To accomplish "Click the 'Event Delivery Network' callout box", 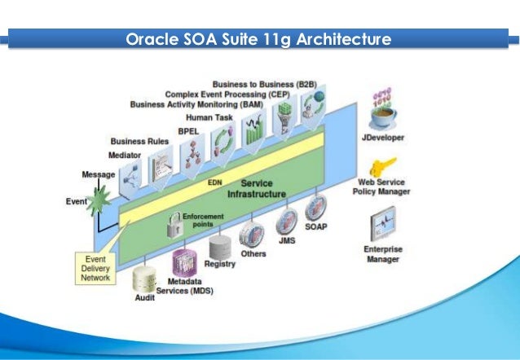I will point(95,266).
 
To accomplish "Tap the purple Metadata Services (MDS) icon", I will point(185,263).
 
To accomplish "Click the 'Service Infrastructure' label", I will point(256,189).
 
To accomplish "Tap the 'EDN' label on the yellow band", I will point(215,183).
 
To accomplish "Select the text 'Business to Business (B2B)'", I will point(258,84).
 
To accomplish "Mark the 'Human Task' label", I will point(209,117).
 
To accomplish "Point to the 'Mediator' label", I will point(125,154).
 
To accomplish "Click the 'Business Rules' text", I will point(139,141).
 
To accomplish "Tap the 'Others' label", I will point(253,253).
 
